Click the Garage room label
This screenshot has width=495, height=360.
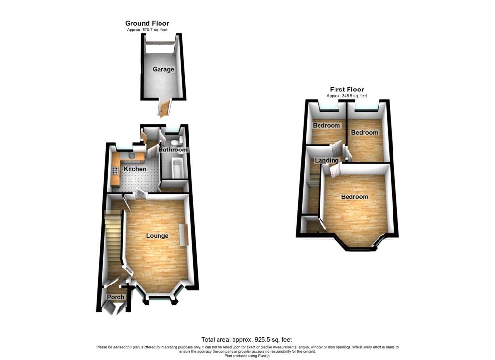click(163, 69)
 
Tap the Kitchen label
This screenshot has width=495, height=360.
click(135, 169)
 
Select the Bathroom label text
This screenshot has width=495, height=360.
click(173, 150)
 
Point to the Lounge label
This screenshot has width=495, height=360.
click(157, 236)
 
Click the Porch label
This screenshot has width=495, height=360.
click(116, 297)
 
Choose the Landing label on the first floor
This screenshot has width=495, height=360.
click(327, 160)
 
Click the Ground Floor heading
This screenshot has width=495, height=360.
click(147, 23)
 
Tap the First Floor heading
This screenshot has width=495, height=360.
click(347, 90)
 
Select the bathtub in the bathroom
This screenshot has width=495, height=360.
click(176, 168)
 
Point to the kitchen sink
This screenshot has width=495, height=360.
click(131, 156)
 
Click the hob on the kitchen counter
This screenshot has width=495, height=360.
click(115, 171)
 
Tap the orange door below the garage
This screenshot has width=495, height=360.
click(164, 108)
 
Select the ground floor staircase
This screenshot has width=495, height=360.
click(113, 236)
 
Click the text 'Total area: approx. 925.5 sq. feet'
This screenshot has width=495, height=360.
click(247, 340)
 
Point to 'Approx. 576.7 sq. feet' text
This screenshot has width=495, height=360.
click(147, 30)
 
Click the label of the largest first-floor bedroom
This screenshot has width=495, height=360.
click(354, 197)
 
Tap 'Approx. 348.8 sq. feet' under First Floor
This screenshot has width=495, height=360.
click(347, 96)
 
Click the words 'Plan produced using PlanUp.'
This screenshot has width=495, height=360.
click(247, 356)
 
